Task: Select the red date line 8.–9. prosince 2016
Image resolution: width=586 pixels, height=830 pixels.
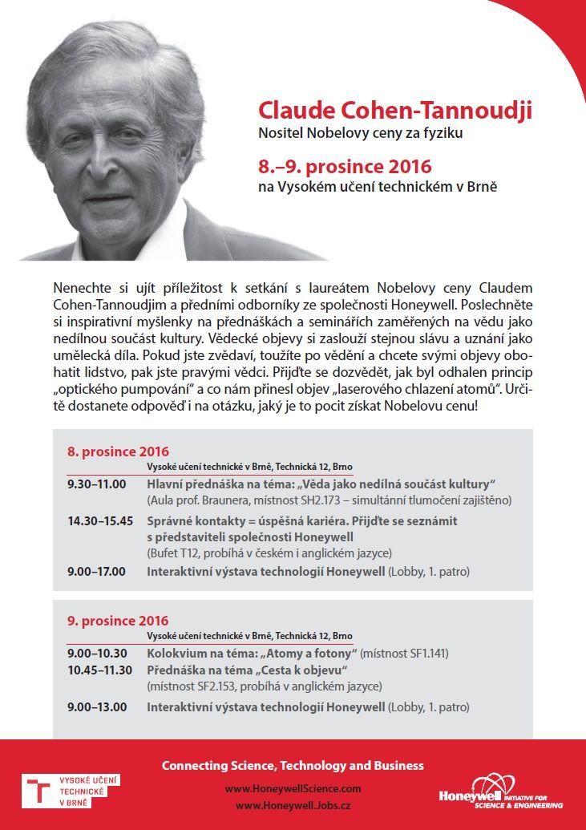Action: [345, 168]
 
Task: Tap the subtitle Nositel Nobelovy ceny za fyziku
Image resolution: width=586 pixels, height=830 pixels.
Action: [360, 132]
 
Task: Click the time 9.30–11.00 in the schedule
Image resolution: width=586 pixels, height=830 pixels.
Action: [97, 485]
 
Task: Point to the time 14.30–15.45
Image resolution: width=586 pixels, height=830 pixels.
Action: [100, 520]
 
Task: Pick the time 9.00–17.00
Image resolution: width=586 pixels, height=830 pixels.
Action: [97, 571]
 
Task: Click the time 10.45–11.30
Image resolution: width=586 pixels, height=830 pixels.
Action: [100, 670]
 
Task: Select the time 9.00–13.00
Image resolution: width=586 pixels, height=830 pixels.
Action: [97, 707]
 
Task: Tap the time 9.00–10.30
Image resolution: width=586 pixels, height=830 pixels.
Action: [97, 654]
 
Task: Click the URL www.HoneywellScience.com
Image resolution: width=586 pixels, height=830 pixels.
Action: [293, 789]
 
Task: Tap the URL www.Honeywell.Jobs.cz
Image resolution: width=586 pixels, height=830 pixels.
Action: [293, 805]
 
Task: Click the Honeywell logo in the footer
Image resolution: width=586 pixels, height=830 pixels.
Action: [501, 792]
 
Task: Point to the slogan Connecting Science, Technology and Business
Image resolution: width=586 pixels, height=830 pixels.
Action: [293, 765]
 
